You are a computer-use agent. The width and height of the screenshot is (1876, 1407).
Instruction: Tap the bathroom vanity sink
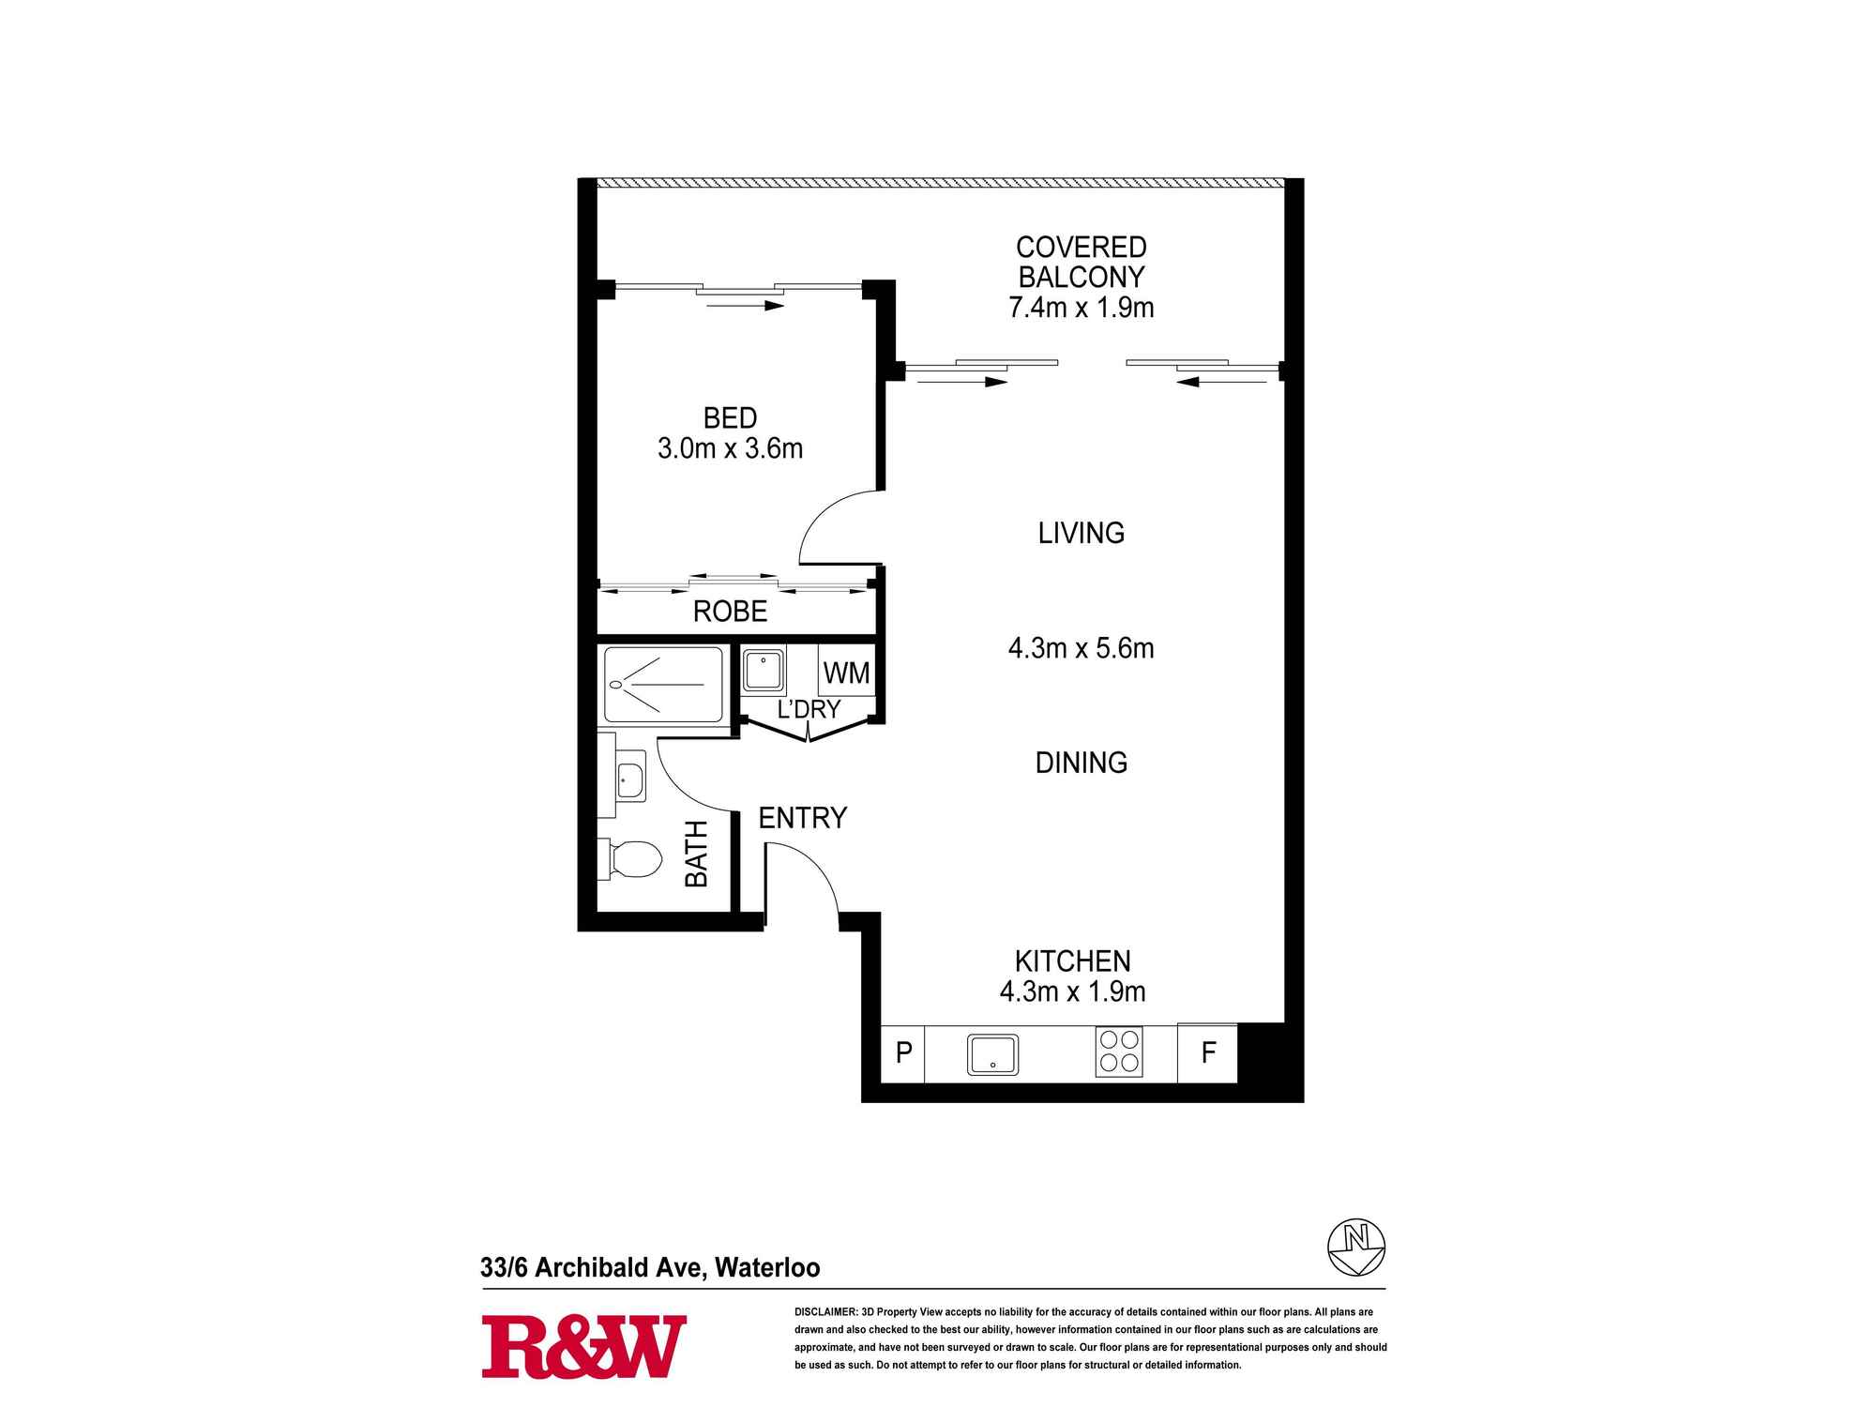coord(629,779)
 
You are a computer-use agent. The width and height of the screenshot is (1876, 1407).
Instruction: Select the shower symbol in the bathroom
coord(663,684)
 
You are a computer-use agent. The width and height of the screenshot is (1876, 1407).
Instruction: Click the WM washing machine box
coord(846,673)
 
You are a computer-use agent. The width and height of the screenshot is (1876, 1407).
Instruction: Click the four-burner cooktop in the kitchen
coord(1118,1051)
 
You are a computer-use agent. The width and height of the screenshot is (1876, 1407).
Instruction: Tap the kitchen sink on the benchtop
coord(992,1054)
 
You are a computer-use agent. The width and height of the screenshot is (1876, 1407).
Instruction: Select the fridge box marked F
coord(1208,1052)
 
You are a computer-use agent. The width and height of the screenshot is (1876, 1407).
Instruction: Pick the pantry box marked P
coord(903,1052)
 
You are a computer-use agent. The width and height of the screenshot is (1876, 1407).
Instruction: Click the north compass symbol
coord(1356,1247)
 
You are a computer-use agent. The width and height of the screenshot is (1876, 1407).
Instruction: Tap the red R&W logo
coord(583,1347)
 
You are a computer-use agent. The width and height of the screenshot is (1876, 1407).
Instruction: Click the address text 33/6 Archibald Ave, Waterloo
coord(650,1267)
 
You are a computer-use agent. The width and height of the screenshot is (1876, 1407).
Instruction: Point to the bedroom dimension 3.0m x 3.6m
coord(730,448)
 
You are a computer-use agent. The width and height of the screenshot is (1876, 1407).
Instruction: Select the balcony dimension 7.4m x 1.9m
coord(1081,308)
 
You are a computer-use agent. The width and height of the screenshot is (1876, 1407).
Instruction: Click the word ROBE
coord(730,612)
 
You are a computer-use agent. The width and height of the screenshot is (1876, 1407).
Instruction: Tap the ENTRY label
coord(802,818)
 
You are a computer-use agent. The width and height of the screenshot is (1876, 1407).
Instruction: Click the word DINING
coord(1081,763)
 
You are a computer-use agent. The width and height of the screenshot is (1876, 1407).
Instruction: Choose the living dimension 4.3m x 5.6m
coord(1081,648)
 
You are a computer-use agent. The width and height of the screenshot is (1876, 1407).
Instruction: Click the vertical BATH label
coord(696,854)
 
